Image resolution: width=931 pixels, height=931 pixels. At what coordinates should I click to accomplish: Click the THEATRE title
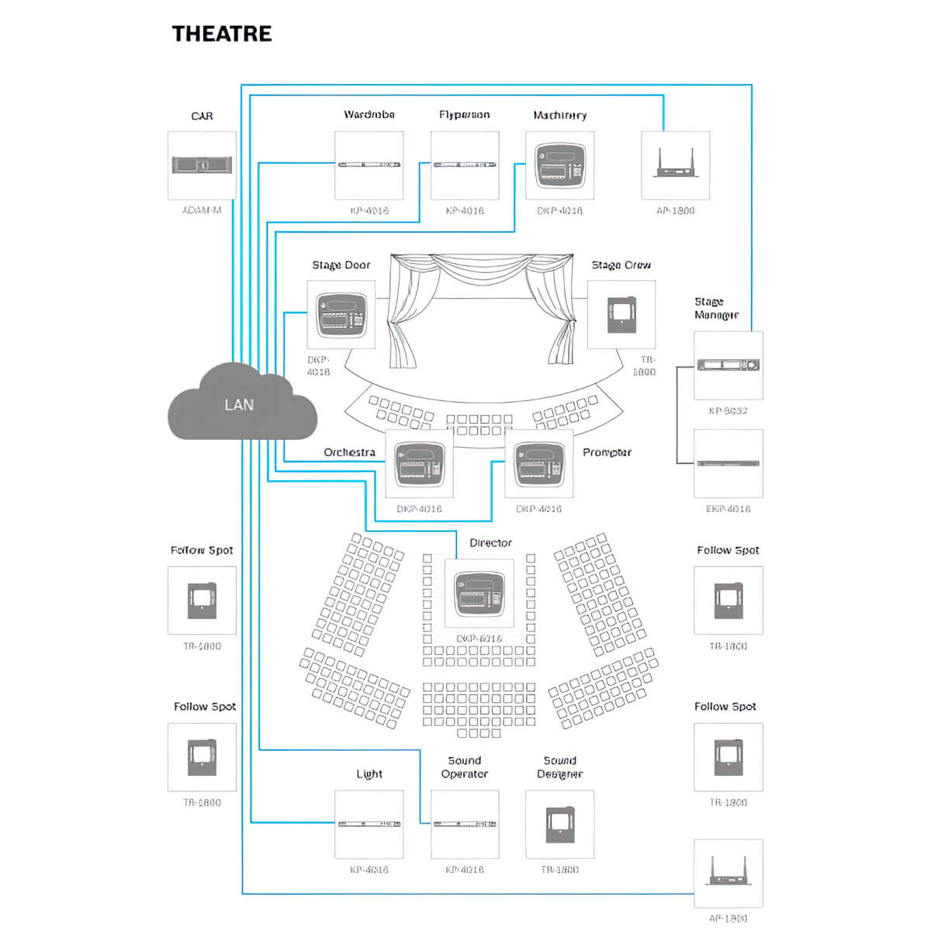pyautogui.click(x=222, y=34)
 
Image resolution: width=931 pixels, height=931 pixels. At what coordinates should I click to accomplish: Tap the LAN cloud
pyautogui.click(x=241, y=403)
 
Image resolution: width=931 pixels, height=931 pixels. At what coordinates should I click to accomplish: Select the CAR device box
pyautogui.click(x=202, y=164)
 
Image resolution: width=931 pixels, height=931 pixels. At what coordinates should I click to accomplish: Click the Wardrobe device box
pyautogui.click(x=369, y=164)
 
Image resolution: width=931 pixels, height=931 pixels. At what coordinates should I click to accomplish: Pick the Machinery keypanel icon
pyautogui.click(x=560, y=164)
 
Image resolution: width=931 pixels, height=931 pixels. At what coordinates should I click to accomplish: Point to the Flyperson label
pyautogui.click(x=464, y=115)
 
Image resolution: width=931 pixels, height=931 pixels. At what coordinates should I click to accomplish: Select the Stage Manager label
pyautogui.click(x=715, y=308)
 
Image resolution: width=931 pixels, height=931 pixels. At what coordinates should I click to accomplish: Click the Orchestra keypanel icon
pyautogui.click(x=420, y=464)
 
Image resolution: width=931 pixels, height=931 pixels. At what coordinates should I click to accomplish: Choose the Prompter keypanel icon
pyautogui.click(x=539, y=464)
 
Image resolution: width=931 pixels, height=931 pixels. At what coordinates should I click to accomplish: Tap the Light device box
pyautogui.click(x=369, y=824)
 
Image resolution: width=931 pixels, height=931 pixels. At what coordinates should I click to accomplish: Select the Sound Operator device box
pyautogui.click(x=465, y=824)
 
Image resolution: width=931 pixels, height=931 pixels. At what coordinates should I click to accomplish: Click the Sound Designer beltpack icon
pyautogui.click(x=560, y=825)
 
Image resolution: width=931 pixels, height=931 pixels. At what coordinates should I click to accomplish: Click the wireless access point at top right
pyautogui.click(x=675, y=164)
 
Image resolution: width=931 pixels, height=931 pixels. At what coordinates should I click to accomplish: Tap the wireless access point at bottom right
pyautogui.click(x=728, y=873)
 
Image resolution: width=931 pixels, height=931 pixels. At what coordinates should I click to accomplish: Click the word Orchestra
pyautogui.click(x=349, y=452)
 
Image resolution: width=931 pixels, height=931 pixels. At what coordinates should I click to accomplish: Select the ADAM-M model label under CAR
pyautogui.click(x=202, y=210)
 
